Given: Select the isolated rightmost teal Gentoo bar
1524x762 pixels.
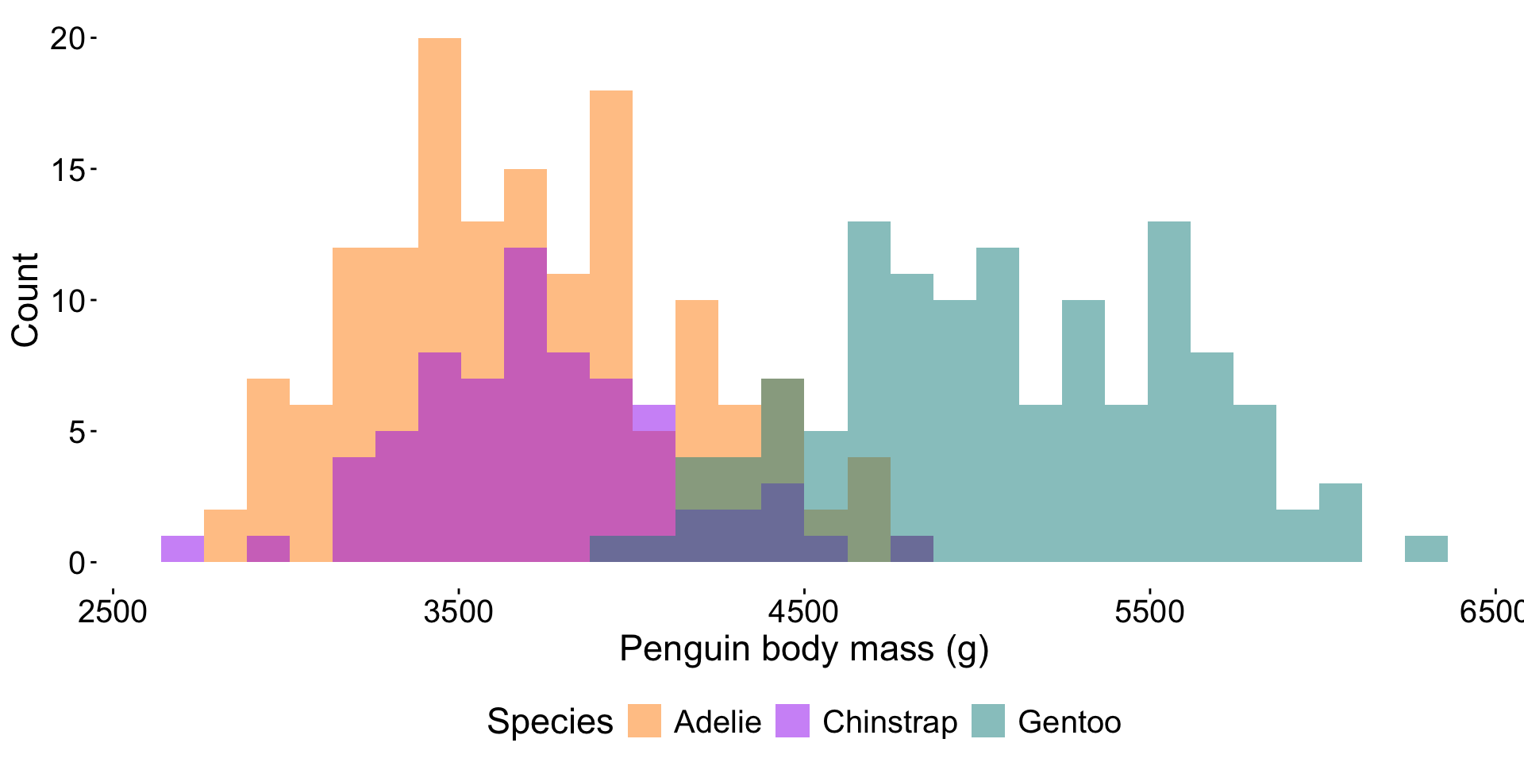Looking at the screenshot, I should (1426, 549).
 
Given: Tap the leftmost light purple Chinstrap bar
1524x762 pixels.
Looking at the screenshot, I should (183, 549).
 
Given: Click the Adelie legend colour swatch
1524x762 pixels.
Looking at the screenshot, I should (645, 721).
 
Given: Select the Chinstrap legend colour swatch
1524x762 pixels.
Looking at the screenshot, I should (792, 721).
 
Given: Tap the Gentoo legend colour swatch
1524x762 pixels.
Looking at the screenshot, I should (988, 721).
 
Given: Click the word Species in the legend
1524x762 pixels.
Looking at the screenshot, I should (549, 722).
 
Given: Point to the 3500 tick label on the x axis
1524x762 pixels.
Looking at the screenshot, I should (459, 612).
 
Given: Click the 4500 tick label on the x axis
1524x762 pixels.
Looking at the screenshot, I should (804, 612).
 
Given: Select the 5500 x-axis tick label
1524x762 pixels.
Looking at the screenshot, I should (1149, 612).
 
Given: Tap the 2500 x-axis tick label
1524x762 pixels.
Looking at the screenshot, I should (113, 612).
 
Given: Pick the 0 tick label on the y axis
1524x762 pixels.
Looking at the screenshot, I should (76, 564).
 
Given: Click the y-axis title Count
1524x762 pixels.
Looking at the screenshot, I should (25, 300).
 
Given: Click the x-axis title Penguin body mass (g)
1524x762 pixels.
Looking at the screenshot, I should (804, 649).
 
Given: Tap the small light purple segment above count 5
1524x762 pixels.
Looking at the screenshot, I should (654, 418).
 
